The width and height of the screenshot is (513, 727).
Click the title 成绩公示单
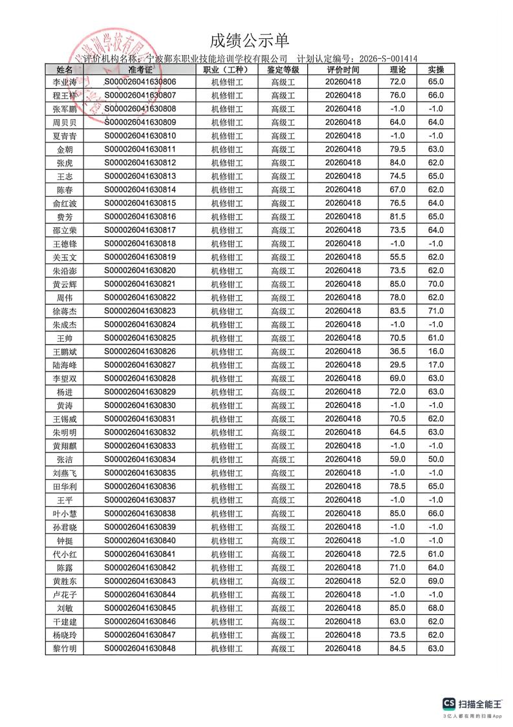(x=250, y=41)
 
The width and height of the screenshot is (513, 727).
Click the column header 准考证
(x=140, y=69)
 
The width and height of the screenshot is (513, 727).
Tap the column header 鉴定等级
(x=283, y=69)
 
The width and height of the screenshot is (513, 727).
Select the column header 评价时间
(x=343, y=69)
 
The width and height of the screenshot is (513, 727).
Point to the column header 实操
(x=436, y=69)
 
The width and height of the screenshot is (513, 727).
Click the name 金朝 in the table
(x=65, y=150)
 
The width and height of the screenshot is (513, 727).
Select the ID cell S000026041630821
(x=140, y=284)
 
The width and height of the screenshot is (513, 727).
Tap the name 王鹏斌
(x=65, y=352)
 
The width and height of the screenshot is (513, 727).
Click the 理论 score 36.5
(x=397, y=352)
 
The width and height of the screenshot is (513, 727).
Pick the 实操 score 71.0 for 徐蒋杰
(x=436, y=311)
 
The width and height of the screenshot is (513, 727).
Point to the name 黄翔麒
(x=65, y=446)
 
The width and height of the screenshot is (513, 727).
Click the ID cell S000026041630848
(x=140, y=648)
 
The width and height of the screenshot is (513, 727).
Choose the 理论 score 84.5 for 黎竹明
(x=397, y=648)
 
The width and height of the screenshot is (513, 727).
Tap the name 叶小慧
(x=65, y=513)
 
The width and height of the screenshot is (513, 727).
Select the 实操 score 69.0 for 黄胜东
(x=436, y=581)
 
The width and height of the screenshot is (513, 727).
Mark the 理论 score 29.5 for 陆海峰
(x=397, y=365)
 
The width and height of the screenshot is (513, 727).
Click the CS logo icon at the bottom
(x=448, y=704)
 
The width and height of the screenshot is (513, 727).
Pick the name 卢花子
(x=65, y=594)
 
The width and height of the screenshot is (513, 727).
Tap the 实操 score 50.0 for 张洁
(x=436, y=460)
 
